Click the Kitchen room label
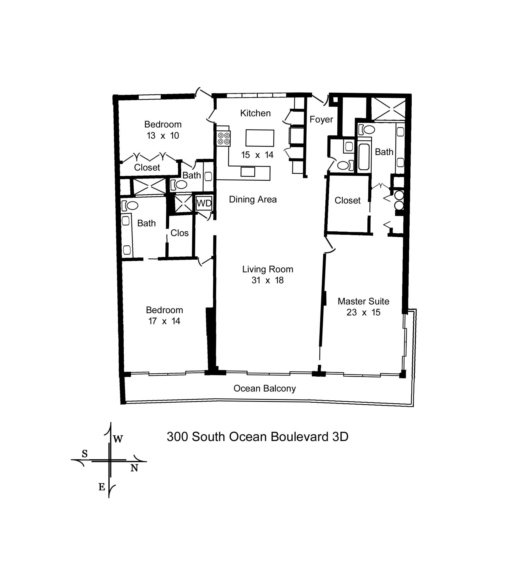[x=255, y=113]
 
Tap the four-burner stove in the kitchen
[x=223, y=138]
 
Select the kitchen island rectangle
[x=260, y=138]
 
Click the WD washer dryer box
[x=204, y=203]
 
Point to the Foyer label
[x=321, y=119]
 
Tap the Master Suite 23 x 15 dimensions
[x=363, y=312]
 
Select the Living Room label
[x=268, y=269]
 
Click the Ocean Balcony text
[x=264, y=388]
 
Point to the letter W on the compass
[x=118, y=439]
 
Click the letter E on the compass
[x=102, y=487]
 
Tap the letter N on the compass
[x=134, y=468]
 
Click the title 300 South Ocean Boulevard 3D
[x=257, y=437]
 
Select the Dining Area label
[x=253, y=199]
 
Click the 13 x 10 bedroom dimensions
[x=163, y=136]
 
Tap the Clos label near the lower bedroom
[x=179, y=233]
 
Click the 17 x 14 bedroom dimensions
[x=164, y=321]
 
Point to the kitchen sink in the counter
[x=247, y=172]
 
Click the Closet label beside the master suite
[x=347, y=200]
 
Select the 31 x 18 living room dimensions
[x=268, y=280]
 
